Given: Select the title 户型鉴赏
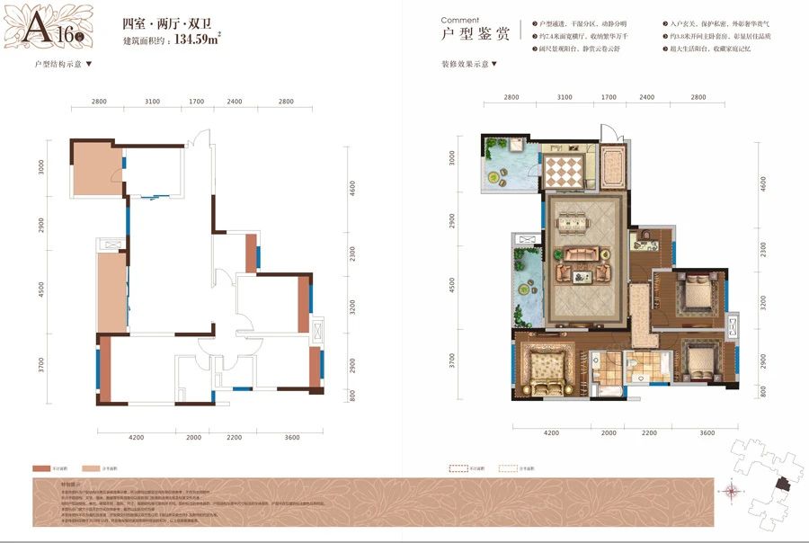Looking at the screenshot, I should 476,36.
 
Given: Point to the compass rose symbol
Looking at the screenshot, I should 734,490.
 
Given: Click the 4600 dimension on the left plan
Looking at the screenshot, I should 353,189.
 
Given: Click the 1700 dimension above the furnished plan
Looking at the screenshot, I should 609,96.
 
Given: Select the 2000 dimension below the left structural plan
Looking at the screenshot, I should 194,437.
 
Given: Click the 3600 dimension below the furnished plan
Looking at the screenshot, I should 707,432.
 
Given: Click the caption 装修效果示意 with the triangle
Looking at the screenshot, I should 468,65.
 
